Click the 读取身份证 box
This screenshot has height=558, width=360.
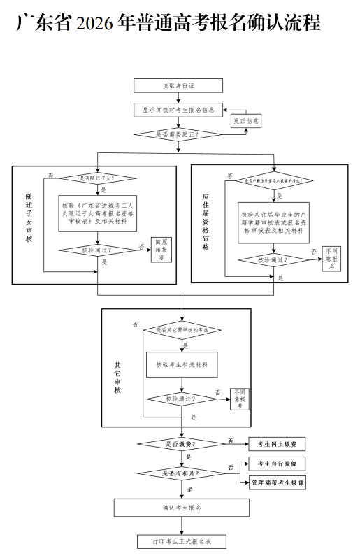coord(178,85)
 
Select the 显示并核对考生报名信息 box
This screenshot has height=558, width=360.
coord(178,110)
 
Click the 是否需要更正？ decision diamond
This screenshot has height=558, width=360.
coord(178,134)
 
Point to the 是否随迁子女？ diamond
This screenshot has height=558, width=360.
coord(97,178)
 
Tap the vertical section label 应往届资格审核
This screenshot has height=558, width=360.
coord(206,224)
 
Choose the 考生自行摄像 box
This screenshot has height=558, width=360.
coord(277,464)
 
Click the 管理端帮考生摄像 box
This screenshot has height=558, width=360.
coord(277,483)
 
